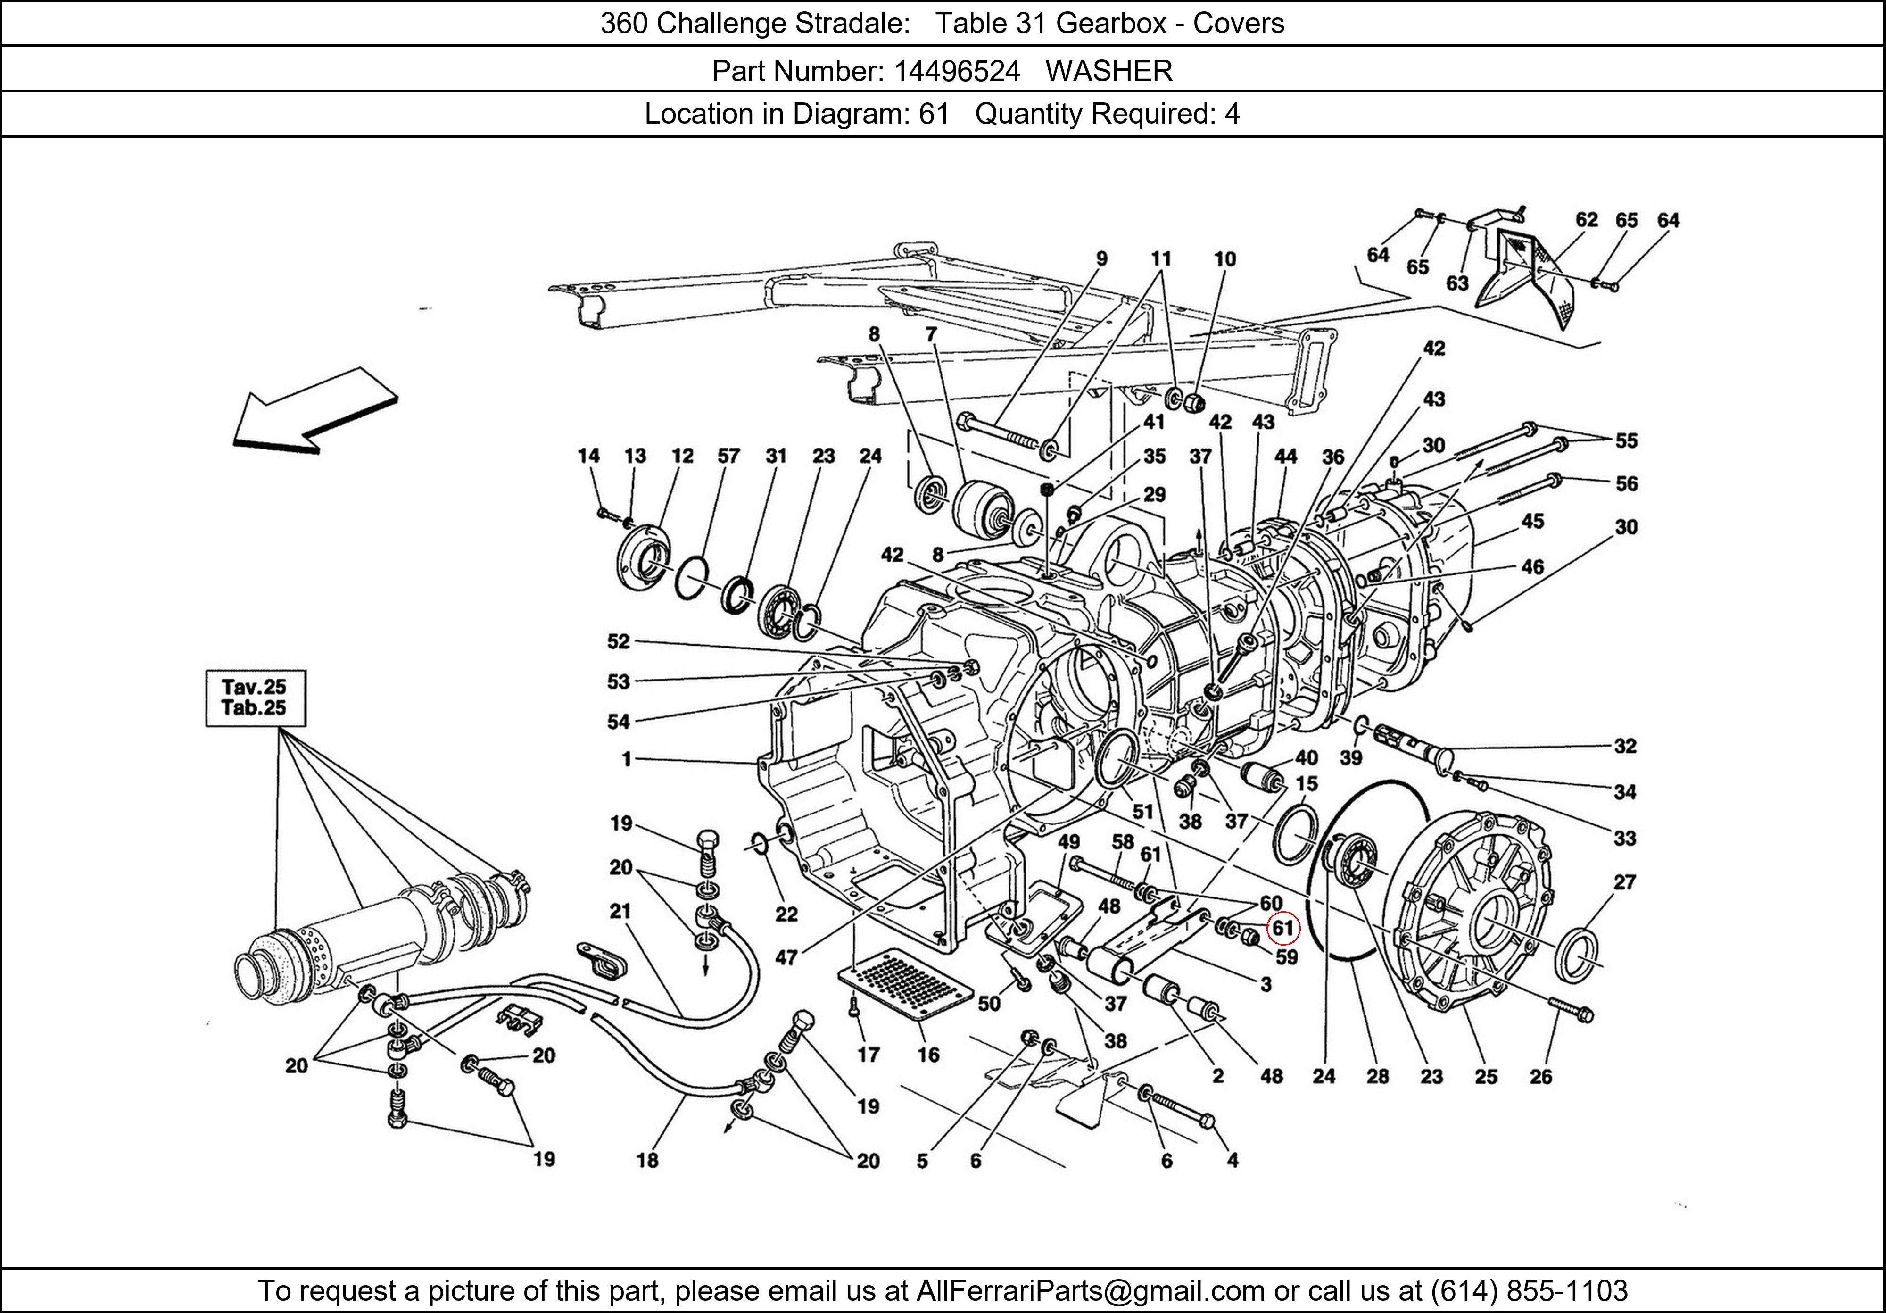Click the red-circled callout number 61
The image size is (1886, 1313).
[1282, 929]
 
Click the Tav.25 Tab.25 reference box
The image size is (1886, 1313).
[255, 698]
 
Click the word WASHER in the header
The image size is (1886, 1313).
[1109, 72]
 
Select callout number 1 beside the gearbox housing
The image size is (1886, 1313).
[627, 759]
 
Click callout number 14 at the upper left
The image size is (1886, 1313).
[588, 456]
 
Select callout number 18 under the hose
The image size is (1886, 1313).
[647, 1160]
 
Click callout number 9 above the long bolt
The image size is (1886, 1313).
[1101, 259]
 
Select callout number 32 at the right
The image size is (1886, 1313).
[1625, 746]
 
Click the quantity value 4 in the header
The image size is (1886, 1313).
[1232, 113]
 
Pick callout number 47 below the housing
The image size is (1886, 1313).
[786, 957]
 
